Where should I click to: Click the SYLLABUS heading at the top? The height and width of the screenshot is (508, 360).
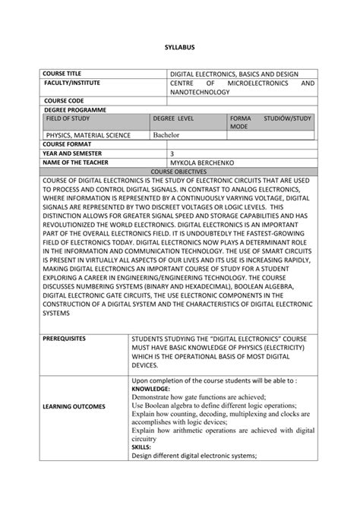[x=180, y=47]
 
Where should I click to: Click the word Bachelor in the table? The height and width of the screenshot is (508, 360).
[x=166, y=135]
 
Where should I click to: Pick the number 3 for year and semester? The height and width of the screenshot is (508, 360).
[x=172, y=153]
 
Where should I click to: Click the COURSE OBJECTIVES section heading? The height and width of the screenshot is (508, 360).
[x=180, y=171]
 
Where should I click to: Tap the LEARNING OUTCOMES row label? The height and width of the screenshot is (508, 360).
[x=74, y=406]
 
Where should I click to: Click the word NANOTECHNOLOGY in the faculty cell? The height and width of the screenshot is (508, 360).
[x=199, y=91]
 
